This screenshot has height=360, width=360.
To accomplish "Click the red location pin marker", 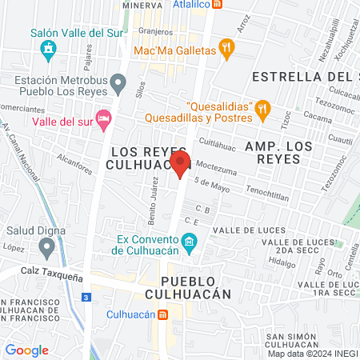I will click(x=180, y=166).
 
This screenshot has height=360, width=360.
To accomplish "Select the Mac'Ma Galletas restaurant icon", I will click(x=227, y=50).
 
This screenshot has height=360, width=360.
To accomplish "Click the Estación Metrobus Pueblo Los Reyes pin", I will click(x=118, y=82).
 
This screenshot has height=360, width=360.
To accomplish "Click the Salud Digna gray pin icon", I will click(x=48, y=247).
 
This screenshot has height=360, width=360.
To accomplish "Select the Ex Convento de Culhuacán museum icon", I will click(x=189, y=241).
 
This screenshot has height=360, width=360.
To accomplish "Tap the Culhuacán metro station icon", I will click(x=163, y=314).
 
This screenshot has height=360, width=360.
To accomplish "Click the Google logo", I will click(x=27, y=350).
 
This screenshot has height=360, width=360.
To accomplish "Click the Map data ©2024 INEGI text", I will click(x=313, y=354).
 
